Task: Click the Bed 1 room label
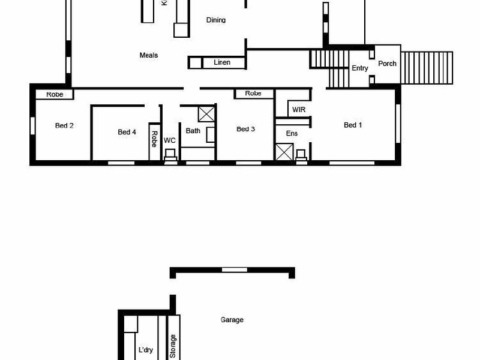click(x=353, y=125)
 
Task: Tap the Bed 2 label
click(x=64, y=125)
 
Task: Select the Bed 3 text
click(x=246, y=129)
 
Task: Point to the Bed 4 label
click(x=127, y=132)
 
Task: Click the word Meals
click(x=149, y=55)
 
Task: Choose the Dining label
click(x=216, y=20)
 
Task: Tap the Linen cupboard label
click(x=222, y=62)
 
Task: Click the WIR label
click(x=299, y=110)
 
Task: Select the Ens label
click(x=292, y=133)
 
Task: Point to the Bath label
click(x=193, y=131)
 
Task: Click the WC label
click(x=170, y=140)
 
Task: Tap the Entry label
click(x=360, y=68)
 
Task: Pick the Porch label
click(x=387, y=63)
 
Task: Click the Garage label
click(x=232, y=320)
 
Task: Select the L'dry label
click(x=146, y=350)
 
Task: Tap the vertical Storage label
click(x=173, y=346)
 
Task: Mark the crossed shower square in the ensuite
click(x=284, y=152)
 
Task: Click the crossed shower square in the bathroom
click(x=206, y=113)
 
